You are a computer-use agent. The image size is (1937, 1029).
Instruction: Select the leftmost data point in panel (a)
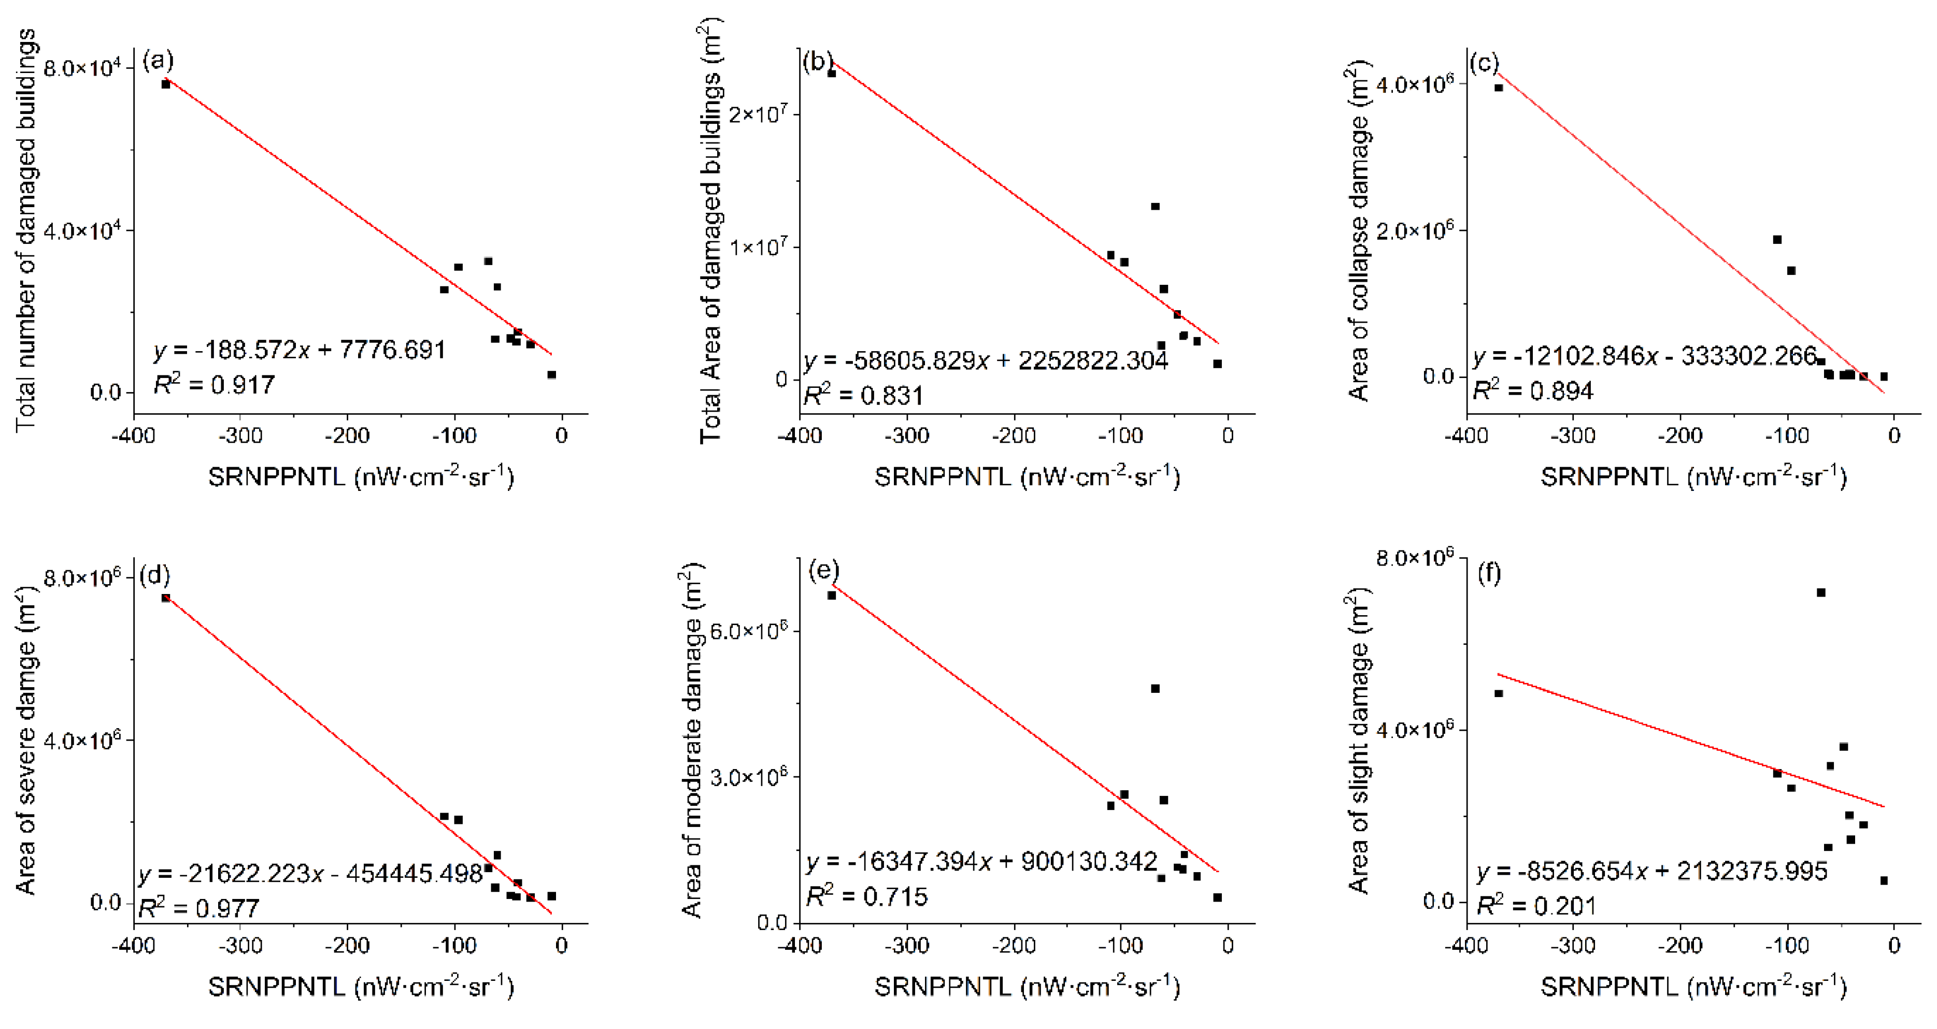[165, 84]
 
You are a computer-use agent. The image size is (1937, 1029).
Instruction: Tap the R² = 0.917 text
[215, 385]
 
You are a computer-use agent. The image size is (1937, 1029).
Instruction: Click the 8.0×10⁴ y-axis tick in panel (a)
[83, 68]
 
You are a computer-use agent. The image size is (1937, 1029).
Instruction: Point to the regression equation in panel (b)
[986, 361]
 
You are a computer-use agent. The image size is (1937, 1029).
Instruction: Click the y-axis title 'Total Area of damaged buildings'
[710, 233]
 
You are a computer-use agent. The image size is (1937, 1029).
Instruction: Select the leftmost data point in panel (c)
[1499, 88]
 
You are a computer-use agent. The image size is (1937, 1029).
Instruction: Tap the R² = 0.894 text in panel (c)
[1532, 390]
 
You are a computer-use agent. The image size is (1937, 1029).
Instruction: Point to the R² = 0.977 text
[198, 908]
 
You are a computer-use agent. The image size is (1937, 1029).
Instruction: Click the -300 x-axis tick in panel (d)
[240, 946]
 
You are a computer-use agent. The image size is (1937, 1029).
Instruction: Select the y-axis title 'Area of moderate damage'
[690, 741]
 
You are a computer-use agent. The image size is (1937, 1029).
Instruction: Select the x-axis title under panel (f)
[1693, 986]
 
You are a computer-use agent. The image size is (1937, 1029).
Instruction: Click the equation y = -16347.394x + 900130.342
[981, 861]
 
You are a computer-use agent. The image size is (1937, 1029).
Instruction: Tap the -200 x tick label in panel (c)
[1680, 435]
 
